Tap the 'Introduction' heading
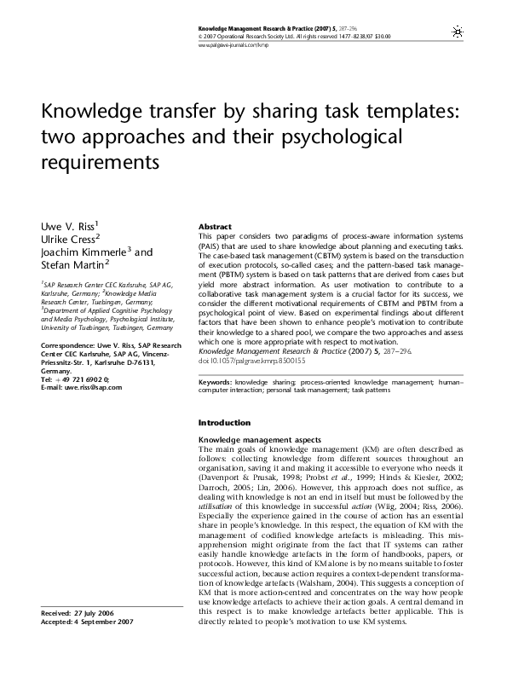click(x=224, y=423)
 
